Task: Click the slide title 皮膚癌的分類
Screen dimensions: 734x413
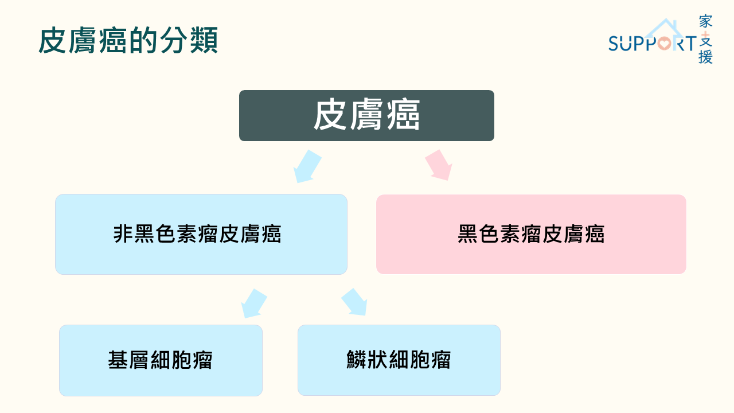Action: pyautogui.click(x=128, y=40)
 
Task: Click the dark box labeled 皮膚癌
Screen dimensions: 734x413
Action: pyautogui.click(x=366, y=116)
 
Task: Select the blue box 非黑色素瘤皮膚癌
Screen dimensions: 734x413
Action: pyautogui.click(x=201, y=235)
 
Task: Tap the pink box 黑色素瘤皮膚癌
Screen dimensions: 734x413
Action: pyautogui.click(x=531, y=235)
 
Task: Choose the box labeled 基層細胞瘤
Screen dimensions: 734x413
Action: pyautogui.click(x=161, y=360)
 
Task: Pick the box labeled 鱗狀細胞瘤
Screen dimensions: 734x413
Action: pyautogui.click(x=399, y=360)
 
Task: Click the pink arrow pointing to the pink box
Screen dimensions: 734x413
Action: pyautogui.click(x=439, y=165)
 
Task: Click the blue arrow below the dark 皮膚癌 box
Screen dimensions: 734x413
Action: pyautogui.click(x=307, y=166)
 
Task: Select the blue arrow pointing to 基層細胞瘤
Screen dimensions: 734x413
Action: pyautogui.click(x=254, y=303)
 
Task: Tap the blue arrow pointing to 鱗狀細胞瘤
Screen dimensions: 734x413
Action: pyautogui.click(x=354, y=302)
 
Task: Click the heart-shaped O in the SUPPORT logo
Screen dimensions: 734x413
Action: pyautogui.click(x=665, y=43)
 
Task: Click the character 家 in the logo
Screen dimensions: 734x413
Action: pyautogui.click(x=705, y=21)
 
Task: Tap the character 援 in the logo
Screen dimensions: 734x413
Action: pyautogui.click(x=705, y=57)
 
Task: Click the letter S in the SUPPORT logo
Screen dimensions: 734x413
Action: pyautogui.click(x=614, y=43)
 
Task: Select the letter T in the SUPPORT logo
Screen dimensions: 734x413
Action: pyautogui.click(x=690, y=43)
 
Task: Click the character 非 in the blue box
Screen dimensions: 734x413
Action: pyautogui.click(x=123, y=233)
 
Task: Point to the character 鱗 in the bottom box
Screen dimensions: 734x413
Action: pyautogui.click(x=357, y=360)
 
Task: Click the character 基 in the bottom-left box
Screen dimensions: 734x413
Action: pyautogui.click(x=118, y=360)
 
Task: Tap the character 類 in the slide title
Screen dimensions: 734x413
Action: pyautogui.click(x=204, y=40)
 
